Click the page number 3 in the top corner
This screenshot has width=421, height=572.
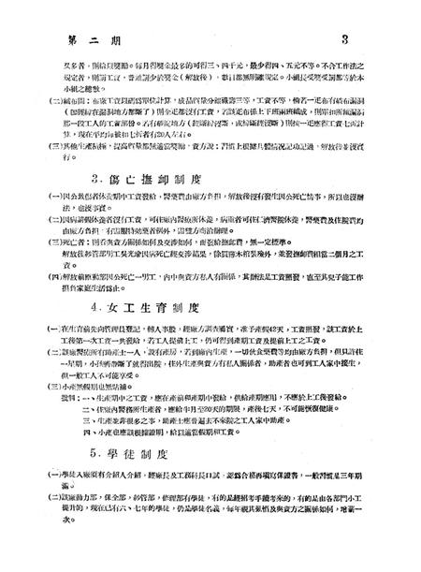[345, 15]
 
